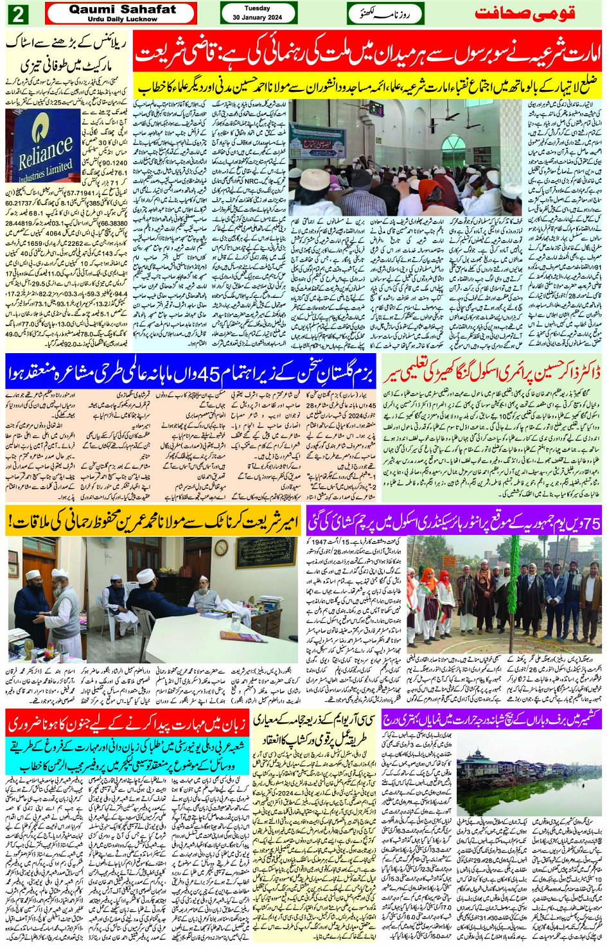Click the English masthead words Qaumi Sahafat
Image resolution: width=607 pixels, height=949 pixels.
tap(122, 10)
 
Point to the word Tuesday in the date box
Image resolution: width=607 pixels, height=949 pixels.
tap(257, 8)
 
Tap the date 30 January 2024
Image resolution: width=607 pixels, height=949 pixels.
tap(258, 17)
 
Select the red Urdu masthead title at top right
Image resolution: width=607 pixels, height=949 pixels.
tap(524, 13)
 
